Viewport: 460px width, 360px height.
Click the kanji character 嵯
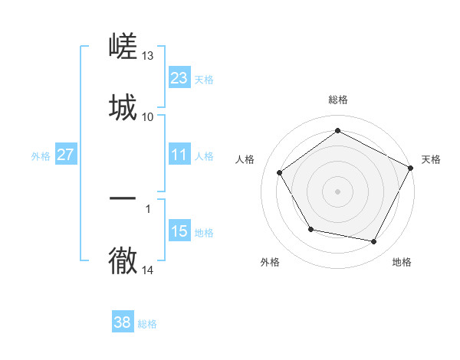[123, 47]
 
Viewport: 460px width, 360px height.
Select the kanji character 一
[123, 198]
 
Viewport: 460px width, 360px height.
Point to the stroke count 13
[148, 56]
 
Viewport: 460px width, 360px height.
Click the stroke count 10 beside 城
[148, 116]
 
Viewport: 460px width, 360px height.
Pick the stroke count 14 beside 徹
[148, 270]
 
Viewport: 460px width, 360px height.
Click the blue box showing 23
[179, 78]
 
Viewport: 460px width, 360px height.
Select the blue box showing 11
[179, 155]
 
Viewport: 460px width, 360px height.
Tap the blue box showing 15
[179, 231]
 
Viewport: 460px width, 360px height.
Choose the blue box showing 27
[65, 155]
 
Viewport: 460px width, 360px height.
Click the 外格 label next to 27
[41, 156]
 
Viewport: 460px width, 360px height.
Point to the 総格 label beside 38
[147, 324]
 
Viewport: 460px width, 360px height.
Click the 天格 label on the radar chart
[431, 159]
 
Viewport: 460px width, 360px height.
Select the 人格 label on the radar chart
[245, 159]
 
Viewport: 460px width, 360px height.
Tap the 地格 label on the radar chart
[402, 262]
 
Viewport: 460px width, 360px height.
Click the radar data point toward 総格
[337, 130]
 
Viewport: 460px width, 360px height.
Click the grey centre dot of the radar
[337, 191]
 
